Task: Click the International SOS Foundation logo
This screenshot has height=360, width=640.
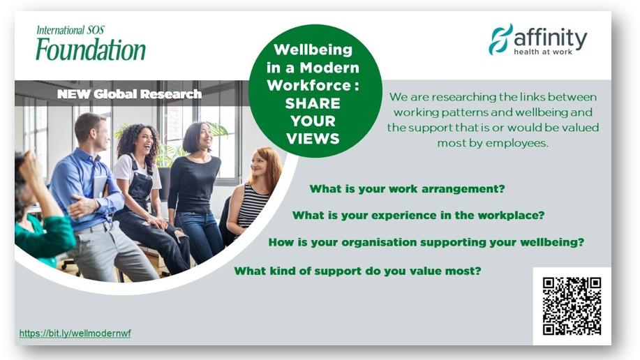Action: pyautogui.click(x=91, y=43)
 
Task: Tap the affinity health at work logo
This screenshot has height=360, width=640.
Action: pyautogui.click(x=538, y=39)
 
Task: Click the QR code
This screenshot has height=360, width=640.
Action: pyautogui.click(x=572, y=306)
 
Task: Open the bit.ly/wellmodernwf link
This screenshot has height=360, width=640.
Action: pyautogui.click(x=75, y=333)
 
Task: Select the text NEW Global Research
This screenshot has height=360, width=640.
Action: pyautogui.click(x=129, y=94)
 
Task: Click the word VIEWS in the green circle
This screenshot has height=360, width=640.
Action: pyautogui.click(x=313, y=139)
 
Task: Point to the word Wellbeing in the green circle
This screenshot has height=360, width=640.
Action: pyautogui.click(x=313, y=50)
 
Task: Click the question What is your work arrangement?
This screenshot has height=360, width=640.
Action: pyautogui.click(x=407, y=189)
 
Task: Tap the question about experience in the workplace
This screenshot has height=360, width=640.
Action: pyautogui.click(x=418, y=215)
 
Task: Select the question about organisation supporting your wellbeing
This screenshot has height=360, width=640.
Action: pyautogui.click(x=426, y=243)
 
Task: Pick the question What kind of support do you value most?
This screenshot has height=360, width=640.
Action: pyautogui.click(x=357, y=271)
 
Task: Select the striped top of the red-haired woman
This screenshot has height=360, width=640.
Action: pyautogui.click(x=253, y=205)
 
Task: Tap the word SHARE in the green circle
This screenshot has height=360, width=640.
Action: pyautogui.click(x=313, y=103)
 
